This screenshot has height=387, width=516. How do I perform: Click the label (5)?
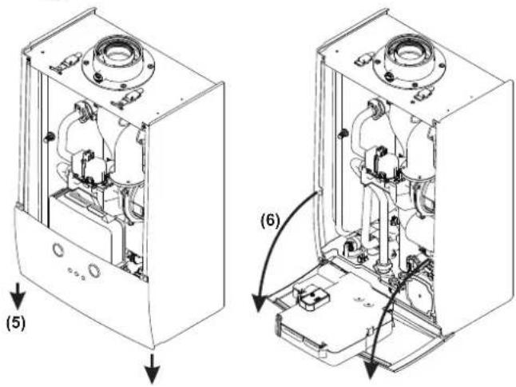pyautogui.click(x=15, y=324)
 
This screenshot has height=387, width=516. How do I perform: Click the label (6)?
pyautogui.click(x=269, y=221)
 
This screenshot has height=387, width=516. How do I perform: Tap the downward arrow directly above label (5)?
pyautogui.click(x=18, y=297)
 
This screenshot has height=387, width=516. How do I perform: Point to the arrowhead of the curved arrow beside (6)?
pyautogui.click(x=259, y=303)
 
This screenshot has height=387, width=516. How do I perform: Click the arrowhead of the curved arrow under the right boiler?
pyautogui.click(x=371, y=370)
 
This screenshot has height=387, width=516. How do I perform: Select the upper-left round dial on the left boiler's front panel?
pyautogui.click(x=59, y=249)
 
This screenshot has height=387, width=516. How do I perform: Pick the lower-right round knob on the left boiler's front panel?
pyautogui.click(x=94, y=270)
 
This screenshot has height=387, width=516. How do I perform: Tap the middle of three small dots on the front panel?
pyautogui.click(x=76, y=273)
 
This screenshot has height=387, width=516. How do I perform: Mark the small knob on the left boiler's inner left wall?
pyautogui.click(x=48, y=137)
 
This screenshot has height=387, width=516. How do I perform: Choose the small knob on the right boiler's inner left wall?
pyautogui.click(x=343, y=133)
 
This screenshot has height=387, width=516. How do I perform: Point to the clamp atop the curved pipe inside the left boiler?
pyautogui.click(x=81, y=110)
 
